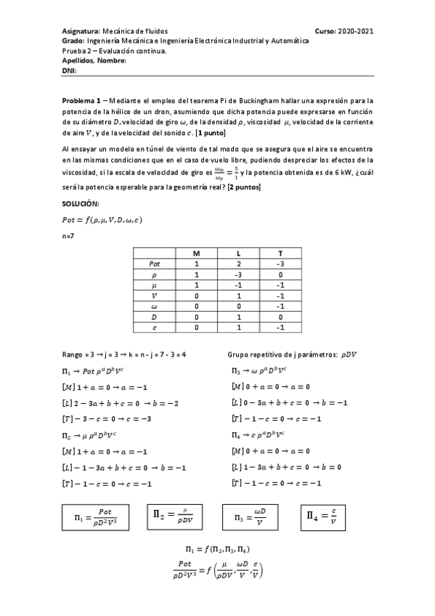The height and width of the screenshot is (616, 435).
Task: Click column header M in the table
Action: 196,253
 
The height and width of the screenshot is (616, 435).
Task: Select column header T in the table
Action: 280,253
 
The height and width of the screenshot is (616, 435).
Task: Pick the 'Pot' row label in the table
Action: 155,264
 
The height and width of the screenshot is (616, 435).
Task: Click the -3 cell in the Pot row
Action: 280,264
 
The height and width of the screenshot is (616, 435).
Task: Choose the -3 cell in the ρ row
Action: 237,276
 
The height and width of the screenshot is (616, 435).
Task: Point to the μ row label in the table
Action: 155,287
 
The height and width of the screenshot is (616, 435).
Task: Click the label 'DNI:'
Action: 70,70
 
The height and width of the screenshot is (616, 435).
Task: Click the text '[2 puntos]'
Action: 245,188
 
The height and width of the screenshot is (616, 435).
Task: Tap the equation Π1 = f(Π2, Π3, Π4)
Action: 219,549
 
